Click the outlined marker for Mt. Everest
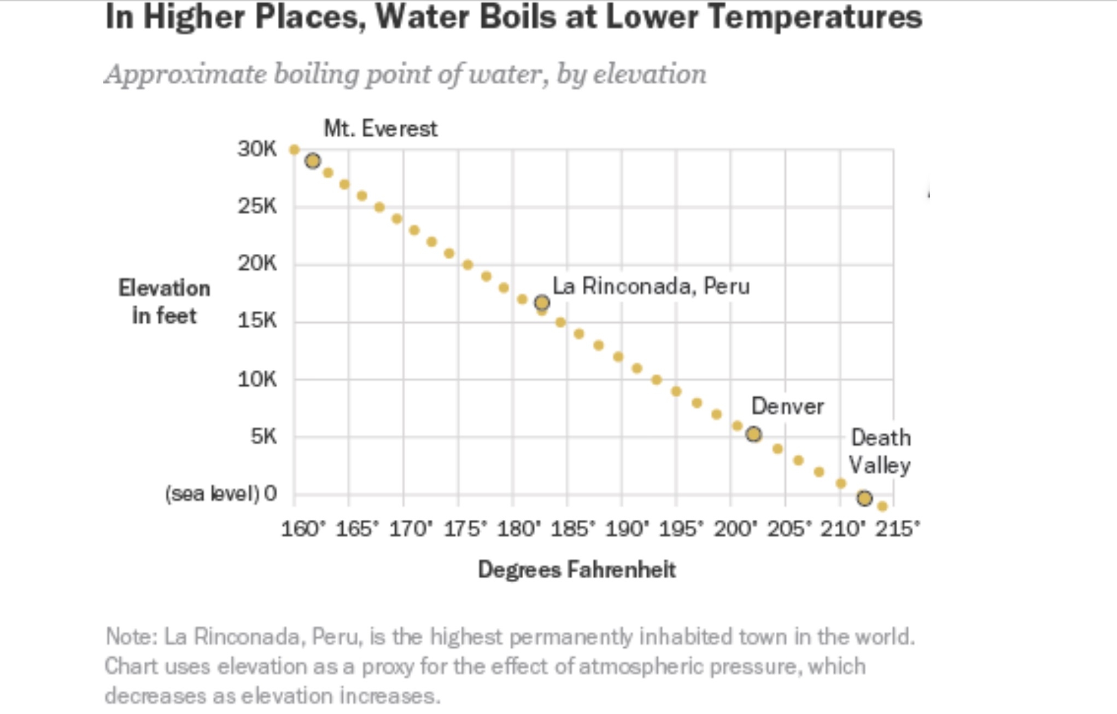click(x=313, y=161)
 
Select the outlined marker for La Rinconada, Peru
click(x=542, y=303)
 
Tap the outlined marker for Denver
click(x=753, y=434)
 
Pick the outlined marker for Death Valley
click(x=864, y=498)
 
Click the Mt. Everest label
click(x=381, y=129)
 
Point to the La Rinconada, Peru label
click(x=651, y=286)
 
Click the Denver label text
click(x=787, y=407)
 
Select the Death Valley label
click(x=880, y=451)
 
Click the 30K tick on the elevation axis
click(x=257, y=149)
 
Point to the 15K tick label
click(x=257, y=321)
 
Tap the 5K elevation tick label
click(x=264, y=437)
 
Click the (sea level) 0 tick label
click(x=221, y=494)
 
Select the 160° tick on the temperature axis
click(x=303, y=529)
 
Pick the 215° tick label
click(x=897, y=529)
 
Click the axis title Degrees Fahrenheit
click(x=577, y=570)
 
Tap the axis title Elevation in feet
click(x=164, y=301)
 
